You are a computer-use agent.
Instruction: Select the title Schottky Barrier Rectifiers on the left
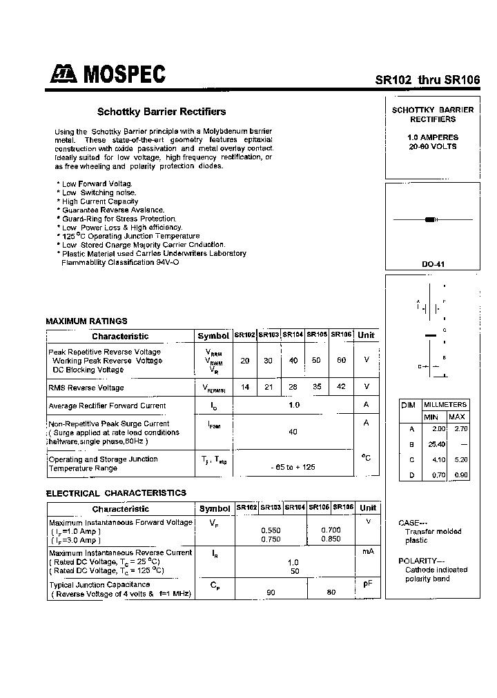(x=162, y=111)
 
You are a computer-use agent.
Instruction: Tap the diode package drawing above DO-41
(x=432, y=219)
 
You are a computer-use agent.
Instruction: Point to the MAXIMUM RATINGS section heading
(x=86, y=321)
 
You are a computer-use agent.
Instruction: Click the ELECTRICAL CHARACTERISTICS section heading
(x=115, y=493)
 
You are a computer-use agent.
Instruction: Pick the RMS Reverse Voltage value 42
(x=341, y=387)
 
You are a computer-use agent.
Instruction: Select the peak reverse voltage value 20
(x=245, y=361)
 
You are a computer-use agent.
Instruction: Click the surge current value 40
(x=293, y=432)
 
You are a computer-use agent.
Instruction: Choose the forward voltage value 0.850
(x=331, y=539)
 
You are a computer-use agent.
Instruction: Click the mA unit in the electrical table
(x=367, y=552)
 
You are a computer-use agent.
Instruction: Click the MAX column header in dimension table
(x=456, y=417)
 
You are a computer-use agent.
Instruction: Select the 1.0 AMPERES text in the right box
(x=432, y=137)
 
